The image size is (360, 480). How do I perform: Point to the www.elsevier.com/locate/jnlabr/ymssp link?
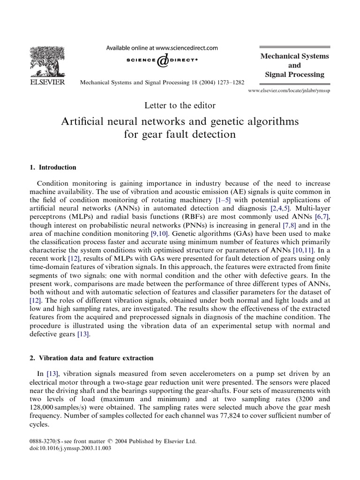tap(289, 90)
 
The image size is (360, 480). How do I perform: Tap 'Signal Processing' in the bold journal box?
tap(294, 75)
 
